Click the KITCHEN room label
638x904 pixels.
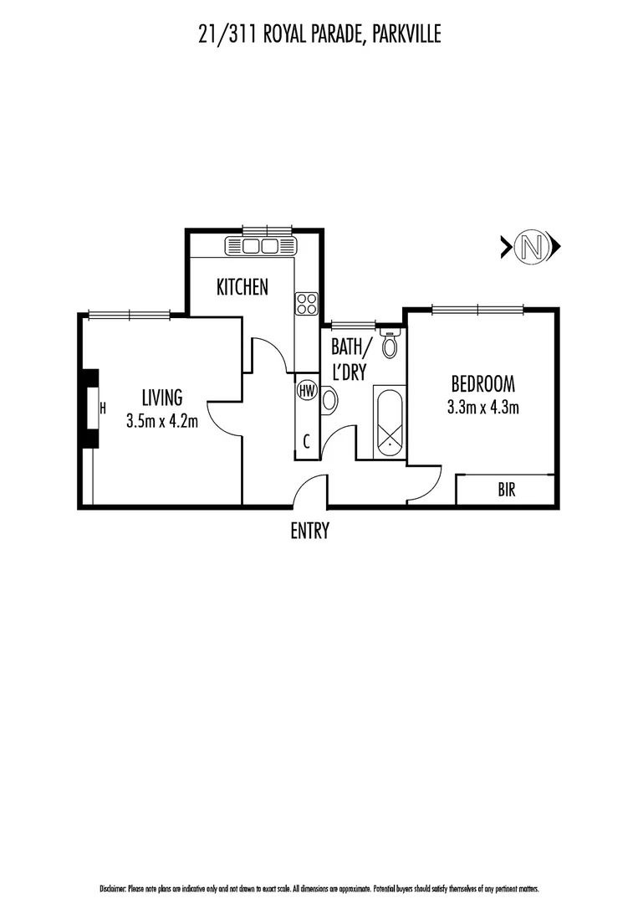coord(242,287)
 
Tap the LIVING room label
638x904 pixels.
coord(161,398)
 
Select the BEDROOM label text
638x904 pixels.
coord(482,384)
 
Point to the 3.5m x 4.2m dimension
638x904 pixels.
coord(161,421)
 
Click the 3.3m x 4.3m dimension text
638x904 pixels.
coord(482,408)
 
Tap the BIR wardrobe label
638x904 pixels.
coord(506,491)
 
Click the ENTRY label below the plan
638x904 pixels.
coord(310,530)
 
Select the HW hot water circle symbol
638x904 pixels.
coord(307,390)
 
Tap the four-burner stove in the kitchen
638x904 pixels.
coord(306,303)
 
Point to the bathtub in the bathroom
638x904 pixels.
coord(389,421)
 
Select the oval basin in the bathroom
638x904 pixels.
coord(330,400)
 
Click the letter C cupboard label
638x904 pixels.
coord(307,442)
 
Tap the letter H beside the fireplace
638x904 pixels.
coord(103,408)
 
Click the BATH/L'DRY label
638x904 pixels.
coord(349,358)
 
